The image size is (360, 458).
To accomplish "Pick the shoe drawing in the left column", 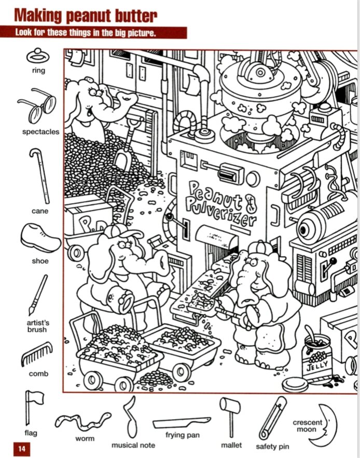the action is (x=40, y=238).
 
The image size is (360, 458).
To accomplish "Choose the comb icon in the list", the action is (x=37, y=354).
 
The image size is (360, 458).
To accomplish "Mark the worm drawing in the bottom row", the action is (x=83, y=421).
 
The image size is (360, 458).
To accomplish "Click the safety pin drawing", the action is (x=273, y=418).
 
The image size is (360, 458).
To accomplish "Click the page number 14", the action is (x=22, y=448).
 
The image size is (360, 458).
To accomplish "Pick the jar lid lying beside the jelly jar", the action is (x=295, y=385).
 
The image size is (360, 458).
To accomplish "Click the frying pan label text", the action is (x=182, y=435).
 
